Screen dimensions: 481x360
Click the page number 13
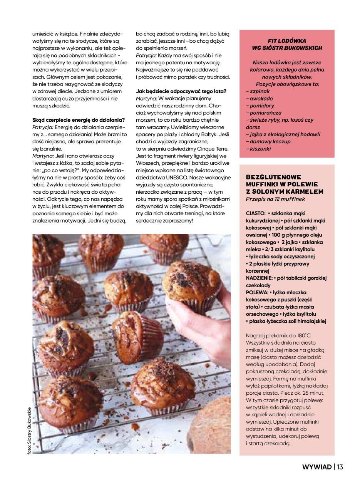pyautogui.click(x=340, y=467)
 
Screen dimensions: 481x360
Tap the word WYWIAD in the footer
pyautogui.click(x=317, y=467)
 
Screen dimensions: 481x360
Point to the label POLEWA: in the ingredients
pyautogui.click(x=256, y=293)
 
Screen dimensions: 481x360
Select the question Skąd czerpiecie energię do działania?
pyautogui.click(x=78, y=119)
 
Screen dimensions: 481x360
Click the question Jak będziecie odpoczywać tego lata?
pyautogui.click(x=181, y=91)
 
